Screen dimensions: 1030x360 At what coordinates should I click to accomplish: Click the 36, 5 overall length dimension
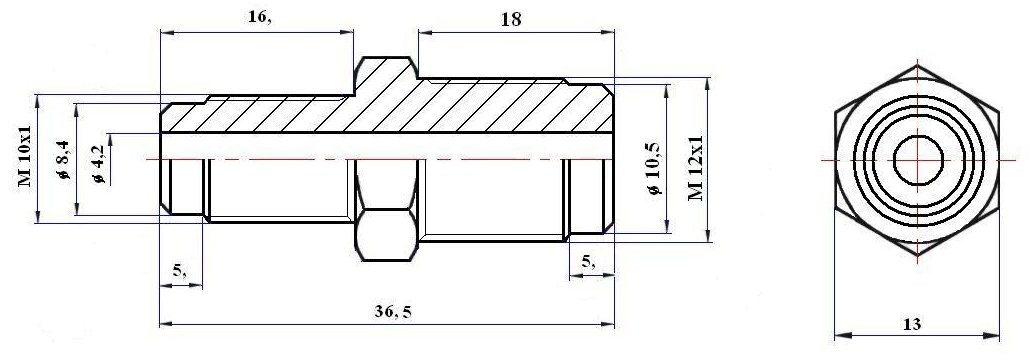click(393, 313)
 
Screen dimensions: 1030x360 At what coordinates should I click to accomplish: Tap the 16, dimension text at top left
click(259, 18)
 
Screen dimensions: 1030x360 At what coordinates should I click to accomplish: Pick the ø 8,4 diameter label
click(64, 160)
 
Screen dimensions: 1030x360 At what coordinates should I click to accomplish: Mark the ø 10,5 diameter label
click(654, 169)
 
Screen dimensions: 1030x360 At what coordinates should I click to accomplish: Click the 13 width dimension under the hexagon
click(912, 324)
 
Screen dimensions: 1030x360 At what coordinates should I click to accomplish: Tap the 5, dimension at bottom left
click(179, 270)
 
